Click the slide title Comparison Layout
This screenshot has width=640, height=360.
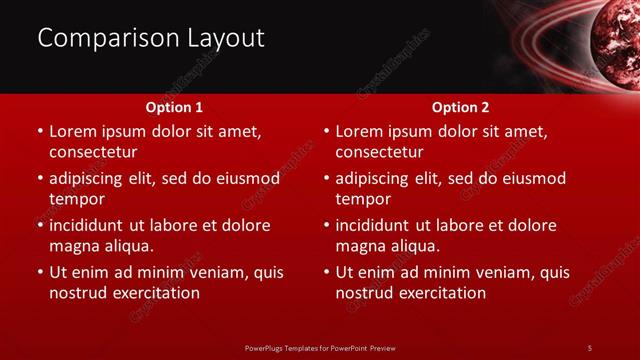click(151, 38)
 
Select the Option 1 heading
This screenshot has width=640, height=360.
click(174, 107)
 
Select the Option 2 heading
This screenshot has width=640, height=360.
click(460, 107)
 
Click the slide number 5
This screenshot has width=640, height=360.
click(589, 347)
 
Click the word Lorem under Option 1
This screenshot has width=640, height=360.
click(73, 131)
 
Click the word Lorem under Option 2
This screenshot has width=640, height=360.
click(359, 131)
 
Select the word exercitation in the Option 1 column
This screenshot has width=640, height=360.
click(155, 293)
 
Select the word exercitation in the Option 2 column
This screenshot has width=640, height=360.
click(441, 293)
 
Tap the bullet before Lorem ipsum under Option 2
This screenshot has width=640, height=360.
click(324, 132)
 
